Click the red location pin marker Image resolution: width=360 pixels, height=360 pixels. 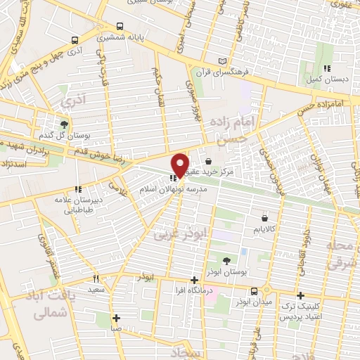(180, 165)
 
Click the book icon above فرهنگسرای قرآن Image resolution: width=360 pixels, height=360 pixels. (223, 62)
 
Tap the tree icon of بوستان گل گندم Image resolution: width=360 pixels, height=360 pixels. (65, 124)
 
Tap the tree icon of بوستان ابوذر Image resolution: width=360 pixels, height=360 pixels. (226, 261)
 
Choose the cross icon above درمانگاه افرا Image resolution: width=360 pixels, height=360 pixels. (195, 279)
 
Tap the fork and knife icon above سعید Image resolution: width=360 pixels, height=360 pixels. (96, 278)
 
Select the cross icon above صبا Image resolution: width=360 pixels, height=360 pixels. (116, 317)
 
